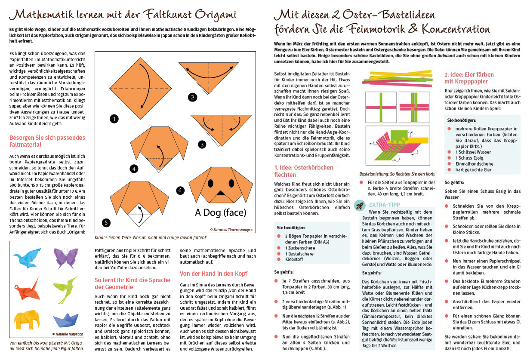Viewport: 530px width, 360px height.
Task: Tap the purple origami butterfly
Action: pyautogui.click(x=65, y=257)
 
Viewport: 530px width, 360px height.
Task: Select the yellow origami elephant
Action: pyautogui.click(x=27, y=319)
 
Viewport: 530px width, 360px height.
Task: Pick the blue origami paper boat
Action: pyautogui.click(x=66, y=320)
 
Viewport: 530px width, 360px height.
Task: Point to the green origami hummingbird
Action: pyautogui.click(x=65, y=289)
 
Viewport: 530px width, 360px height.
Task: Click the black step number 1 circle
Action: pyautogui.click(x=114, y=119)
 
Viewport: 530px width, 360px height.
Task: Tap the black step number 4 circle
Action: pyautogui.click(x=134, y=169)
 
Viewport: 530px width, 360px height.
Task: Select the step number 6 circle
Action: pyautogui.click(x=180, y=191)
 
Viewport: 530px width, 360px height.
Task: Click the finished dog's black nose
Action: pyautogui.click(x=221, y=193)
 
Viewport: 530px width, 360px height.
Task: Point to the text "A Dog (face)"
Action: pyautogui.click(x=221, y=212)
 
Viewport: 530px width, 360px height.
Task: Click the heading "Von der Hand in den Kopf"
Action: pyautogui.click(x=213, y=274)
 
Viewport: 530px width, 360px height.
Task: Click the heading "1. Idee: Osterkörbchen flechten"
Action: pyautogui.click(x=304, y=171)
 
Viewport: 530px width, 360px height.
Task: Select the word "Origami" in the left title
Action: pyautogui.click(x=216, y=15)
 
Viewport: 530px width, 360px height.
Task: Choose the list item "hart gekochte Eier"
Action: pyautogui.click(x=473, y=170)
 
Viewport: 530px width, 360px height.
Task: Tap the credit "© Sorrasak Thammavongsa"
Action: pyautogui.click(x=231, y=230)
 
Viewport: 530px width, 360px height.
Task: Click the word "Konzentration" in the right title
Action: pyautogui.click(x=456, y=29)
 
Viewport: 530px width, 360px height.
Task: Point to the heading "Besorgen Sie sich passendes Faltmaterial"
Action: pyautogui.click(x=47, y=141)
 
